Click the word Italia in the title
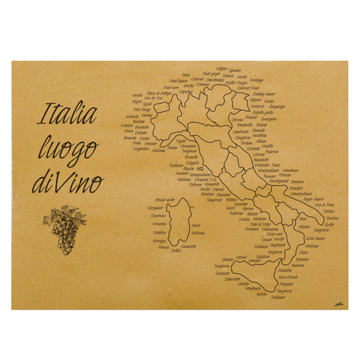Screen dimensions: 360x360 [67, 114]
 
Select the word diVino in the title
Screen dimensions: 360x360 [68, 182]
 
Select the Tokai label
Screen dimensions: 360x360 [186, 75]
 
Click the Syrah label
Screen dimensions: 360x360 [147, 103]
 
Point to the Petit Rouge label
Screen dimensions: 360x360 [142, 109]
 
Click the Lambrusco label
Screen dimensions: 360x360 [241, 130]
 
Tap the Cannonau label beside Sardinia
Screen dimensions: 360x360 [158, 215]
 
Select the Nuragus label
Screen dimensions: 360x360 [159, 240]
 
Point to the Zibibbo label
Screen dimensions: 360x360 [243, 283]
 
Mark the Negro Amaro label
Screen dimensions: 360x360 [313, 199]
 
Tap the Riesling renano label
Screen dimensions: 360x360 [264, 93]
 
